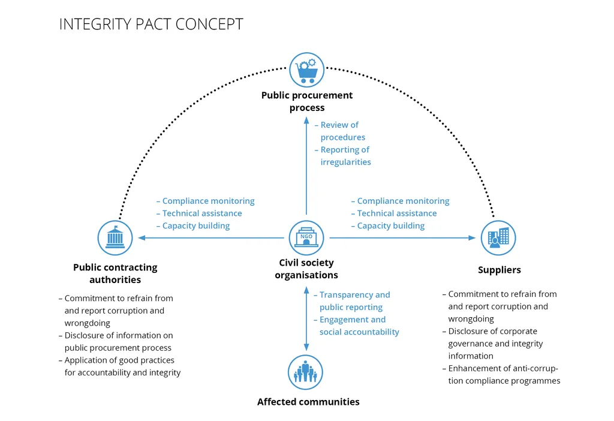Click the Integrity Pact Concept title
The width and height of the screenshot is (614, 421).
pos(151,25)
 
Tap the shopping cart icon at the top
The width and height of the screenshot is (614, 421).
pos(307,70)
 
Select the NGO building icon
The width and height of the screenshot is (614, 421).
pos(306,238)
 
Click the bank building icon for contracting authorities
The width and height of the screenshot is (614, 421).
pos(115,238)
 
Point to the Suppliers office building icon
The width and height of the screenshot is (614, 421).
pos(498,238)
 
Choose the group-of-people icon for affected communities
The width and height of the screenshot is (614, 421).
pos(306,372)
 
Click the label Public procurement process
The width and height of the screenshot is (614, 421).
pos(307,101)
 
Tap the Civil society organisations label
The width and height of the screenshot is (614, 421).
pos(306,269)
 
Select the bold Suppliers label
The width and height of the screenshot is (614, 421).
pos(499,270)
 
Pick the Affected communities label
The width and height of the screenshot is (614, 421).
pos(308,402)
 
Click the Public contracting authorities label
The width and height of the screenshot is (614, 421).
pos(115,273)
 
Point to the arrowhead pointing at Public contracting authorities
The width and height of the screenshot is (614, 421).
pos(142,238)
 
